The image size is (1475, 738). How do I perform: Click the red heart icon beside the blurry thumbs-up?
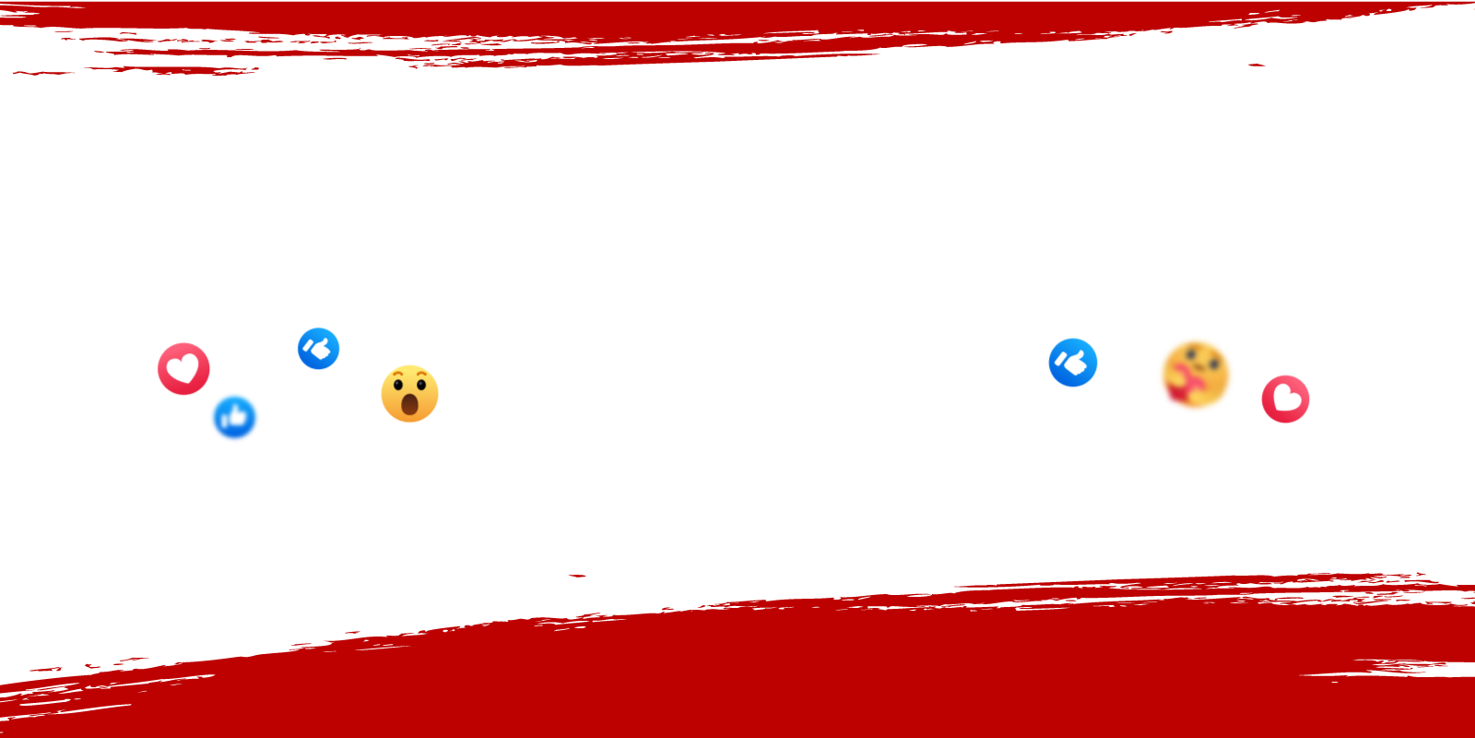[x=183, y=369]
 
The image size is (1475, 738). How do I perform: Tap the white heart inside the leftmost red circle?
[x=183, y=369]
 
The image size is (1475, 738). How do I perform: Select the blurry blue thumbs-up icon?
[x=235, y=417]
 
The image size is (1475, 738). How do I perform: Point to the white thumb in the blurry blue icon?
[x=237, y=418]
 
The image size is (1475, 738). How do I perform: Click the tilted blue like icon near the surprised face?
[x=319, y=349]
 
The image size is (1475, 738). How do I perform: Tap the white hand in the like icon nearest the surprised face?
[x=319, y=349]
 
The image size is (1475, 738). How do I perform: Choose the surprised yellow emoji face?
[x=410, y=394]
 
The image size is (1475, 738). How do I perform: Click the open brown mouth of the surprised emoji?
[x=409, y=404]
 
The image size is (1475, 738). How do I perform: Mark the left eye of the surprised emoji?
[x=398, y=385]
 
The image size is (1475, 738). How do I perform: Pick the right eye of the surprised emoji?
[x=421, y=385]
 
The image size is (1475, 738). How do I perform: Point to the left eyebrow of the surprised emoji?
[x=396, y=374]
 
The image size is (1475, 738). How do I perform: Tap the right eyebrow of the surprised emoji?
[x=423, y=374]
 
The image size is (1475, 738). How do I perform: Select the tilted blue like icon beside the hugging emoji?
[x=1073, y=363]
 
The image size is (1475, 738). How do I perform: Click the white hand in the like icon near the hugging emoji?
[x=1073, y=363]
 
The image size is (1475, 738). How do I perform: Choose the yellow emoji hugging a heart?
[x=1196, y=375]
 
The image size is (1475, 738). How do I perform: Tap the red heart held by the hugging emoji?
[x=1181, y=385]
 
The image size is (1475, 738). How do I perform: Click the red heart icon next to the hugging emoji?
[x=1286, y=399]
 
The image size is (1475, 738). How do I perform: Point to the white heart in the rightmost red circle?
[x=1286, y=399]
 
